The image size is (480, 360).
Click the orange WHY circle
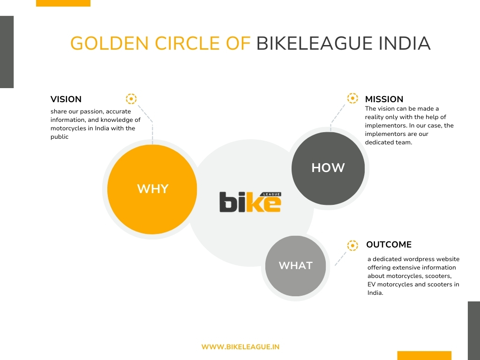pos(152,189)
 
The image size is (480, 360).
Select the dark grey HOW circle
pos(328,168)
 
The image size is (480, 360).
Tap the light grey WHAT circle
pos(295,266)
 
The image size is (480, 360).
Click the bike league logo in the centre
pos(250,202)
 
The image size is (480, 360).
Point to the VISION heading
pos(66,99)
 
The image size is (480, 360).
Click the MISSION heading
pos(384,99)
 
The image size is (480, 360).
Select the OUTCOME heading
pos(389,245)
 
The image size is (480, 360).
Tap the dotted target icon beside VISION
pos(131,99)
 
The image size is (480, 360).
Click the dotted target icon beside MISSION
pos(352,98)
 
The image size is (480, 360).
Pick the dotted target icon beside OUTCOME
pos(352,246)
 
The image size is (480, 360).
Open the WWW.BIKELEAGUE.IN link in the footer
pos(240,347)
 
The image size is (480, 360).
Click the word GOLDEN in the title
pos(110,43)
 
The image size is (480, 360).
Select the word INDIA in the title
pos(405,43)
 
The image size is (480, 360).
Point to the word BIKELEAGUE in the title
pos(315,43)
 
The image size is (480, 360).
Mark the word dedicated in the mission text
pos(378,142)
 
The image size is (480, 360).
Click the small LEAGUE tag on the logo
pos(271,195)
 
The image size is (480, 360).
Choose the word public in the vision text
pos(60,137)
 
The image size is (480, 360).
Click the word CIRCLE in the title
pos(187,43)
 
